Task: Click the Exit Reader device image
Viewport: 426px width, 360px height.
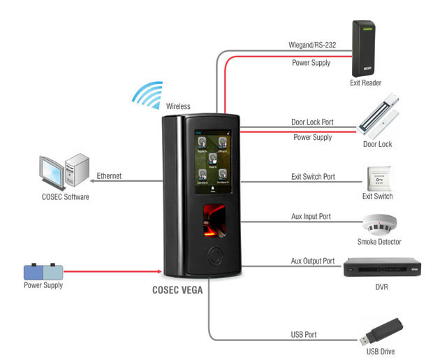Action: tap(365, 48)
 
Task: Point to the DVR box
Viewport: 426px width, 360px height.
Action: tap(380, 267)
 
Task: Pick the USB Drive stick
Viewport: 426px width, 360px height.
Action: tap(380, 331)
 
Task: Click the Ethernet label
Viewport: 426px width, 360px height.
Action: tap(110, 176)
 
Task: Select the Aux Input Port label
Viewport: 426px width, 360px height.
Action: tap(311, 217)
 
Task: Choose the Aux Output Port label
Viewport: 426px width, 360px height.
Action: tap(313, 260)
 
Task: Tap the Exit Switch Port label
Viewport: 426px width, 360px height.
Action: tap(313, 177)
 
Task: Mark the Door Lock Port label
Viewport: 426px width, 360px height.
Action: tap(311, 122)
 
